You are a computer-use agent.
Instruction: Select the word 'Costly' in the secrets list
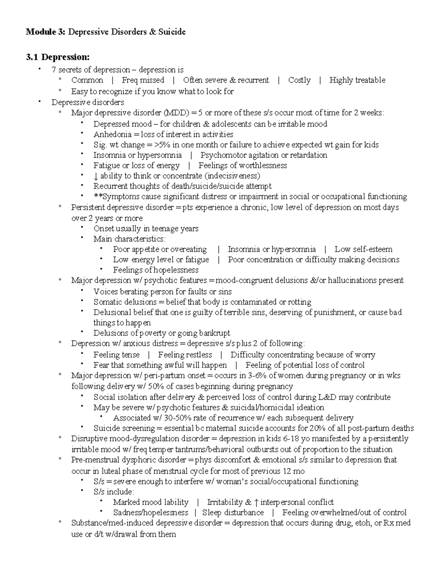point(299,80)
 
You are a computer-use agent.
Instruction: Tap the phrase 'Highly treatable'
point(357,80)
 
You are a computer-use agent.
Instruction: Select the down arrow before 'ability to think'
point(96,176)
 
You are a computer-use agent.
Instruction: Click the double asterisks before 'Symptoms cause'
point(98,197)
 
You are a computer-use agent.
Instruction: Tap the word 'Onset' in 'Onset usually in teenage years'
point(104,229)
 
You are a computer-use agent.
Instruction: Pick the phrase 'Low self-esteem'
point(363,250)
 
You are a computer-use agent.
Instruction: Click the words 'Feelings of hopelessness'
point(155,270)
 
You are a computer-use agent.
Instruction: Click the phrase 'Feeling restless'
point(185,355)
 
